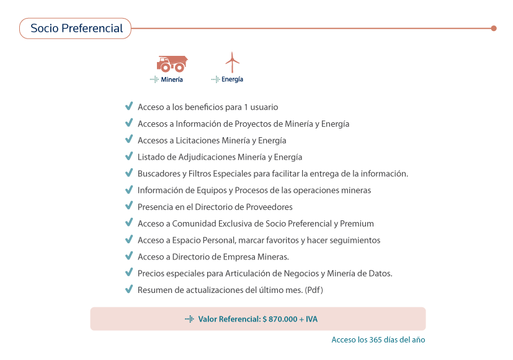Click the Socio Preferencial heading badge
pos(76,29)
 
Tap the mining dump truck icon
pos(172,63)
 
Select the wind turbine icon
pos(232,63)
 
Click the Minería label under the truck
pos(171,79)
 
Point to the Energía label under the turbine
pos(232,79)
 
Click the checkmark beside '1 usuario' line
pos(129,107)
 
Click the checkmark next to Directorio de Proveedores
pos(129,207)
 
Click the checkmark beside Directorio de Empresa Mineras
pos(129,256)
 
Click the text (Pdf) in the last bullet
pos(314,290)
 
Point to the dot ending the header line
pos(494,28)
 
